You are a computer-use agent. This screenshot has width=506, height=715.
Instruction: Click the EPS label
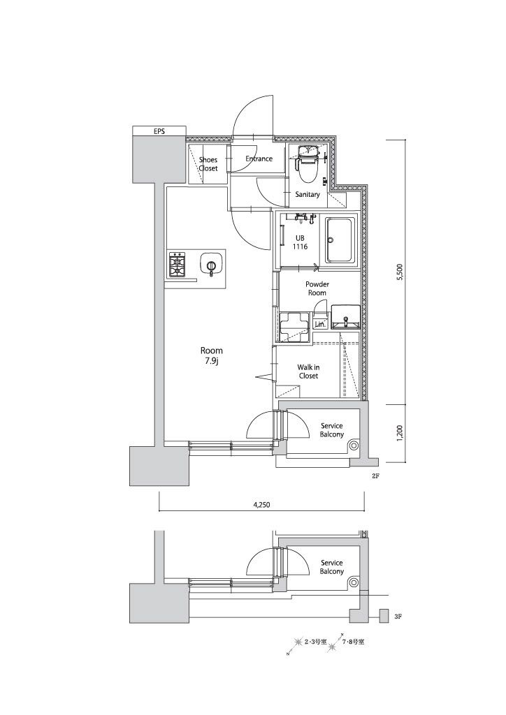[159, 131]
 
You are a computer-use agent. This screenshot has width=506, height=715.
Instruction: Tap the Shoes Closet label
[208, 164]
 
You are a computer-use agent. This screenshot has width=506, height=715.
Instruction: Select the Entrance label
[259, 159]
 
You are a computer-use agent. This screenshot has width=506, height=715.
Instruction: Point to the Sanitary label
[307, 194]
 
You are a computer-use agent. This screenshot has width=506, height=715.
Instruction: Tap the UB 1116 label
[301, 242]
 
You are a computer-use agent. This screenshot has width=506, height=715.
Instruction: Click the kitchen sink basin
[211, 264]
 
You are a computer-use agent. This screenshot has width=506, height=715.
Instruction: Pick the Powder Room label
[317, 288]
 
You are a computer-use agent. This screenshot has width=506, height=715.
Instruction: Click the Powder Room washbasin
[346, 316]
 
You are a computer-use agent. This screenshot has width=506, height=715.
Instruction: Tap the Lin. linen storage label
[320, 325]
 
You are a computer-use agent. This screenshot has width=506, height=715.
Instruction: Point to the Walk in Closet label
[308, 371]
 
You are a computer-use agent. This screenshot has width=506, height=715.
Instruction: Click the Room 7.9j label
[212, 355]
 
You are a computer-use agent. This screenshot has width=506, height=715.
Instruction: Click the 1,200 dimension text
[400, 433]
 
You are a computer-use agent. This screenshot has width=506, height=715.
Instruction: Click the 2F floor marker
[375, 476]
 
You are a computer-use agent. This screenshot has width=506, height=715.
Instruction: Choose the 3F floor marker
[398, 617]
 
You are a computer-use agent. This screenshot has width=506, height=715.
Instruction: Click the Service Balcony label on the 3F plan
[332, 567]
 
